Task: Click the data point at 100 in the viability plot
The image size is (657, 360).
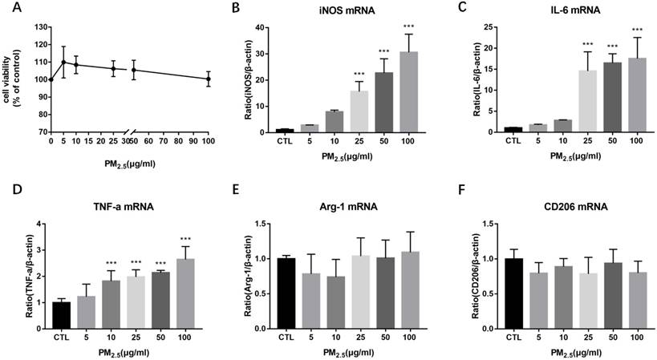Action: (x=209, y=79)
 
